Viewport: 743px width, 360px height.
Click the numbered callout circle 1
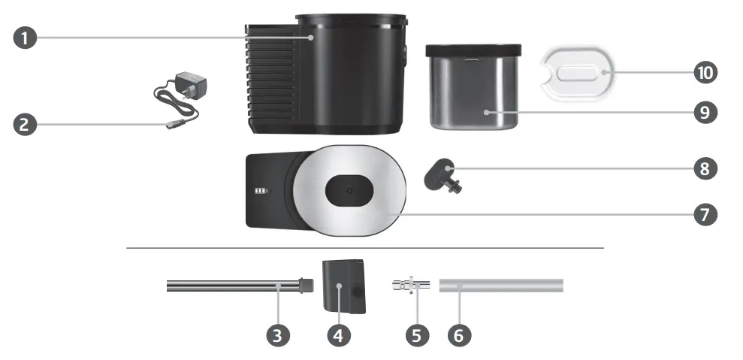pyautogui.click(x=26, y=38)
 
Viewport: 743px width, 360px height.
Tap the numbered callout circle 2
pyautogui.click(x=26, y=124)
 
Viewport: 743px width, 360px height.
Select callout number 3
pyautogui.click(x=279, y=334)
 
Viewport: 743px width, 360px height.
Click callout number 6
pyautogui.click(x=460, y=334)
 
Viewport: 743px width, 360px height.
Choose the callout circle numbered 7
pyautogui.click(x=704, y=213)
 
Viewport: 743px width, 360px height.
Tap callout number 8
pyautogui.click(x=704, y=168)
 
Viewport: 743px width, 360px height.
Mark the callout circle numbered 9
pyautogui.click(x=704, y=113)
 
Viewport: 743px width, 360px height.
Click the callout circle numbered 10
pyautogui.click(x=704, y=73)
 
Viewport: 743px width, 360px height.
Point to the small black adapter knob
pyautogui.click(x=439, y=175)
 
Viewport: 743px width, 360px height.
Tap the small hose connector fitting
pyautogui.click(x=409, y=285)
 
